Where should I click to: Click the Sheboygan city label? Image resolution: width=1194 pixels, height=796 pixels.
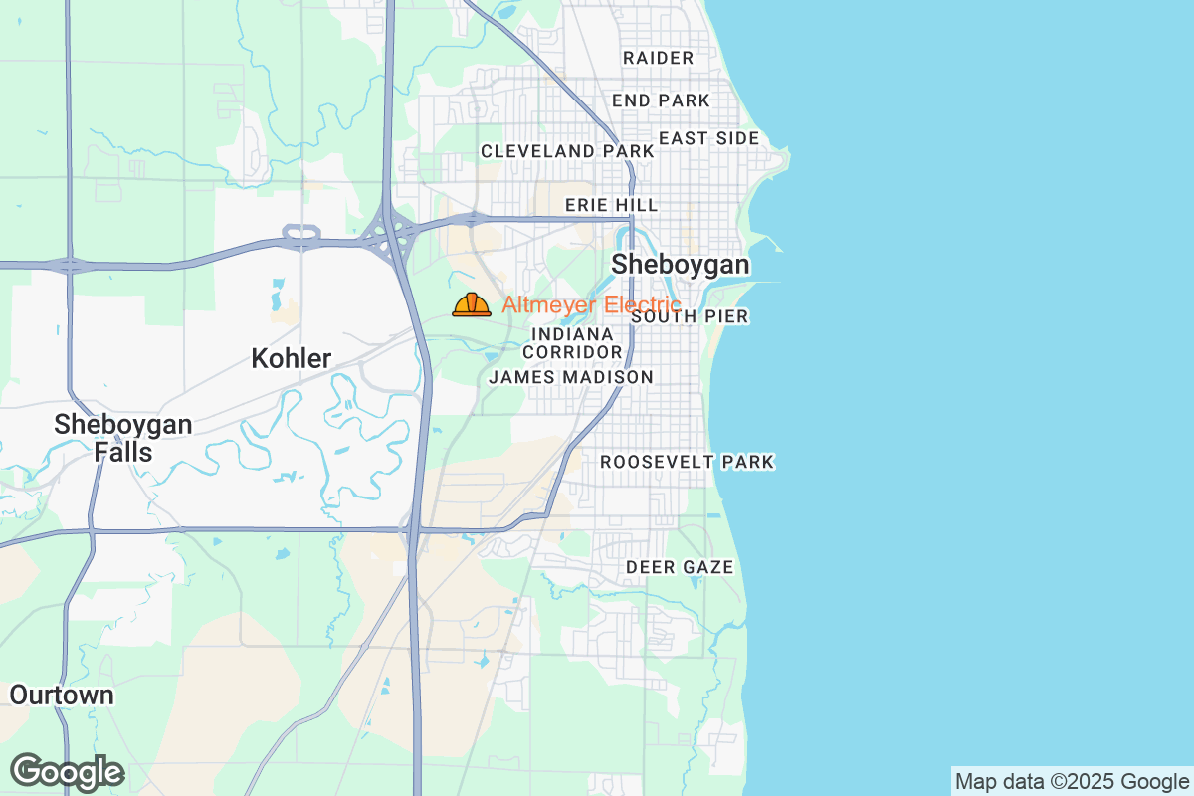tap(681, 265)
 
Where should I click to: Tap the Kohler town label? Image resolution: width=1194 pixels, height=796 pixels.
tap(291, 358)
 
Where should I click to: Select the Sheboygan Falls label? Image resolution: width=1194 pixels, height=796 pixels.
tap(123, 438)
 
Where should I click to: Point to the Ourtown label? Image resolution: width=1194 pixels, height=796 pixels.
tap(62, 695)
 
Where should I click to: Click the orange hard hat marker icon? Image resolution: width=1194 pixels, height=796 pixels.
tap(472, 304)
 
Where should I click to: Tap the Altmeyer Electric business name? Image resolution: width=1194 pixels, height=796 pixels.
tap(591, 304)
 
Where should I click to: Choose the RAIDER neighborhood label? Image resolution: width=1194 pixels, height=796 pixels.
tap(658, 58)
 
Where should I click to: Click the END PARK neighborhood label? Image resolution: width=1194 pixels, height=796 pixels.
tap(661, 100)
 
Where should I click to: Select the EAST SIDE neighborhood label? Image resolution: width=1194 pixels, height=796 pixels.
tap(708, 138)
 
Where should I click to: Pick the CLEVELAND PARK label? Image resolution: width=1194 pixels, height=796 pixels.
tap(567, 151)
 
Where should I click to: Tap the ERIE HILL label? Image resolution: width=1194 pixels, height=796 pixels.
tap(611, 205)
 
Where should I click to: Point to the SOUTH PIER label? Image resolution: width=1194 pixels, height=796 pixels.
tap(690, 316)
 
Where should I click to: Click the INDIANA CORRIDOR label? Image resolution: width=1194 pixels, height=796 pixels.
tap(572, 343)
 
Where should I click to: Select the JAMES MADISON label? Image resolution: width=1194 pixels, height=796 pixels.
tap(571, 377)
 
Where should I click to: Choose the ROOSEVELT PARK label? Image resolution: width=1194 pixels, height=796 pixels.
tap(687, 462)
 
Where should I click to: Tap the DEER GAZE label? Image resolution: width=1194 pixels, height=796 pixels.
tap(680, 567)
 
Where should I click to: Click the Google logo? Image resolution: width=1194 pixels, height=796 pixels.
tap(67, 772)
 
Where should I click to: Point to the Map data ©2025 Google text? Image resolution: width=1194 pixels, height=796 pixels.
tap(1071, 781)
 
